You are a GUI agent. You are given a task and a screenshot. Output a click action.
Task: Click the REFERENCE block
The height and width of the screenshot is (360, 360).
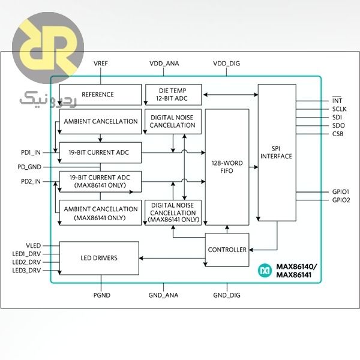(97, 95)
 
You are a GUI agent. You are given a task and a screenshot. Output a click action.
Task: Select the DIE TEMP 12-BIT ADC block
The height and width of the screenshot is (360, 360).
(172, 94)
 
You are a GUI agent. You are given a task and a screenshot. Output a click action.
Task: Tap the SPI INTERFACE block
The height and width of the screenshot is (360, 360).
(277, 152)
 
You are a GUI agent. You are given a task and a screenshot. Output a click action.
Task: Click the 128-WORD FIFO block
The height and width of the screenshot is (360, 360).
(227, 167)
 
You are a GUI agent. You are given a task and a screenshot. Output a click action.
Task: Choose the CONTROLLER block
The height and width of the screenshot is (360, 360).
(227, 250)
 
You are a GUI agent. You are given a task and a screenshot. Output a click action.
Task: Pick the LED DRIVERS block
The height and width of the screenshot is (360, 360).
(99, 258)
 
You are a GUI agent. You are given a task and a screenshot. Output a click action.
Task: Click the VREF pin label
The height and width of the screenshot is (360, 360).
(100, 64)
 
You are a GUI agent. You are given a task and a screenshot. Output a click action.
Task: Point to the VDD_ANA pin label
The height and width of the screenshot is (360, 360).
(164, 64)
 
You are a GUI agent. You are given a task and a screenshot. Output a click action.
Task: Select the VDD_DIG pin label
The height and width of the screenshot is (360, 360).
(227, 64)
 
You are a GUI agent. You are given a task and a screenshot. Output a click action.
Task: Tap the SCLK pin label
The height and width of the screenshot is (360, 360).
(339, 109)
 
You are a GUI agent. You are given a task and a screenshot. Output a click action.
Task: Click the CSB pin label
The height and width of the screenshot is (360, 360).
(338, 134)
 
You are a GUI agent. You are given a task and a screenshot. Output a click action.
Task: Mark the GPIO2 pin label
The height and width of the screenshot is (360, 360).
(340, 200)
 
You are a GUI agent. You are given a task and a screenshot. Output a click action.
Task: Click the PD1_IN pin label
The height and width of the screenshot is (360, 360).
(31, 152)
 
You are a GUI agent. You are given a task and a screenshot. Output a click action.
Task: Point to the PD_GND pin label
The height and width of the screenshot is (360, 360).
(30, 167)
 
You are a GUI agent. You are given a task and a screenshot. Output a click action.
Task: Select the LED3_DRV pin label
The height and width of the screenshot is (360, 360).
(27, 271)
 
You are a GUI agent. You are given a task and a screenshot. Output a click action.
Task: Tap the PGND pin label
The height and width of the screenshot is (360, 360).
(102, 295)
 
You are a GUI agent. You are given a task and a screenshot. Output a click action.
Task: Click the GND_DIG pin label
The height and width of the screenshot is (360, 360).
(227, 295)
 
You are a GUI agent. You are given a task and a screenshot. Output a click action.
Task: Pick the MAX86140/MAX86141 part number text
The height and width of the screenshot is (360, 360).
(295, 271)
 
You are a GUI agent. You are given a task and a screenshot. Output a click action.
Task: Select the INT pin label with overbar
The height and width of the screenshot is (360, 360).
(337, 100)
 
